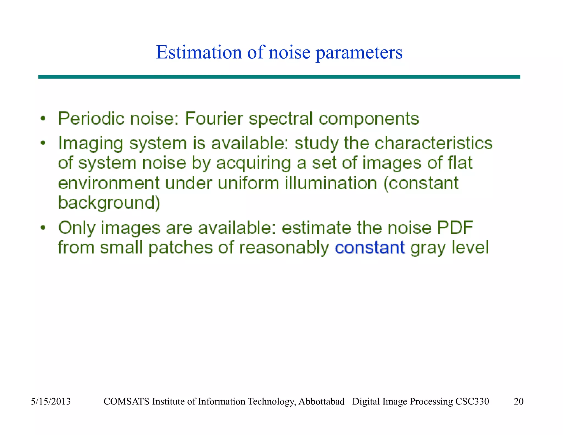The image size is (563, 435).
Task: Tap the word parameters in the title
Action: tap(359, 53)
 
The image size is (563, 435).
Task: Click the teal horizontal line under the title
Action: tap(279, 77)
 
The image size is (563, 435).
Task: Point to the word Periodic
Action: tap(91, 119)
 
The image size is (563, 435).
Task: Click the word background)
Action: tap(109, 203)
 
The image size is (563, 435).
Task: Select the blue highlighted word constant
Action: tap(370, 247)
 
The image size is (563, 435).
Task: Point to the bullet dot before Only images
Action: tap(43, 228)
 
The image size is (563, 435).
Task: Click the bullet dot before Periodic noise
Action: tap(43, 119)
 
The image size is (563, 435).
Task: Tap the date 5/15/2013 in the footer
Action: tap(51, 401)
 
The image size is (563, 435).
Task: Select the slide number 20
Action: tap(518, 401)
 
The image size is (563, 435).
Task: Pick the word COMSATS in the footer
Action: tap(126, 401)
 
